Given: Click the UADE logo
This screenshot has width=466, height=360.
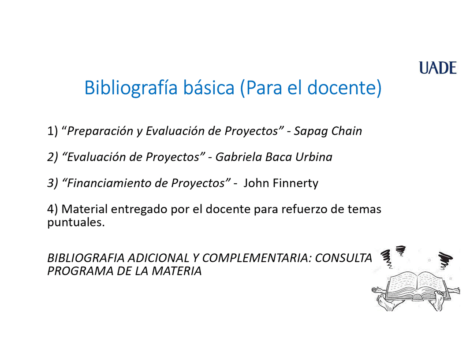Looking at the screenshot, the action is [437, 68].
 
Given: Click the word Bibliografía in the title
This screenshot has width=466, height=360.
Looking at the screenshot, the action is [131, 88].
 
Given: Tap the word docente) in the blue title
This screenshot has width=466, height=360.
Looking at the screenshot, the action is [344, 88].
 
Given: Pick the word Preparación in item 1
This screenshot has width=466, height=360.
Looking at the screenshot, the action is [100, 131].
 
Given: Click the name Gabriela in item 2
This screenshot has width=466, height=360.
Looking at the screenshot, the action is [238, 157].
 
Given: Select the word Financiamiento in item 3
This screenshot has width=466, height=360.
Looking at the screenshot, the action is [114, 183].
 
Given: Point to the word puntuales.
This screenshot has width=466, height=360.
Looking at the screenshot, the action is [76, 223].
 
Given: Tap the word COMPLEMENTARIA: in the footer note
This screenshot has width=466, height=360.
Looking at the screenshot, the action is [257, 258].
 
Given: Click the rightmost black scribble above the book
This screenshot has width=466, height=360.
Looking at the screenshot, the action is [445, 260].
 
